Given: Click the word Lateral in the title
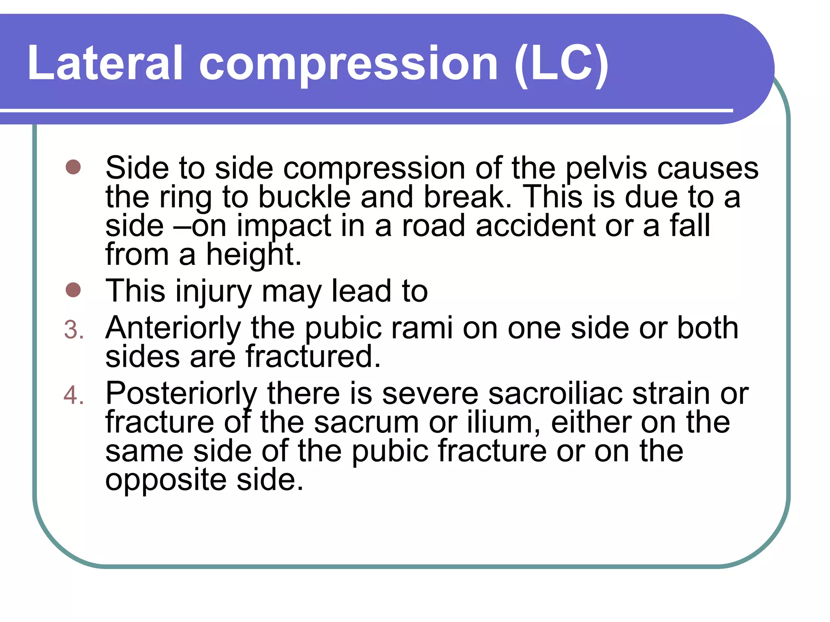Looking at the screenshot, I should [105, 63].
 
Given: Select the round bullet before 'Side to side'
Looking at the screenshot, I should [73, 167].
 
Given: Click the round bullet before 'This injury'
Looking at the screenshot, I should [73, 290].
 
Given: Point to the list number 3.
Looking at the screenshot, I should [74, 330].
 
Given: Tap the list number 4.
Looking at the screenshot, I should [74, 395].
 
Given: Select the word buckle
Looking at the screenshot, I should [304, 197].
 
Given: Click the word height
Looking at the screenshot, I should [253, 255].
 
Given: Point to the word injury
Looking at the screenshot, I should [214, 292].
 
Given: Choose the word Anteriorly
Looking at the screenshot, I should [173, 328].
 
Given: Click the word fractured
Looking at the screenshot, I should [313, 357].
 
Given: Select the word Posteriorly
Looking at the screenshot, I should [181, 394].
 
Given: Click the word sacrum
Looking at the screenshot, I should [366, 423].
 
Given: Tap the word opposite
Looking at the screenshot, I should [166, 481].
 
